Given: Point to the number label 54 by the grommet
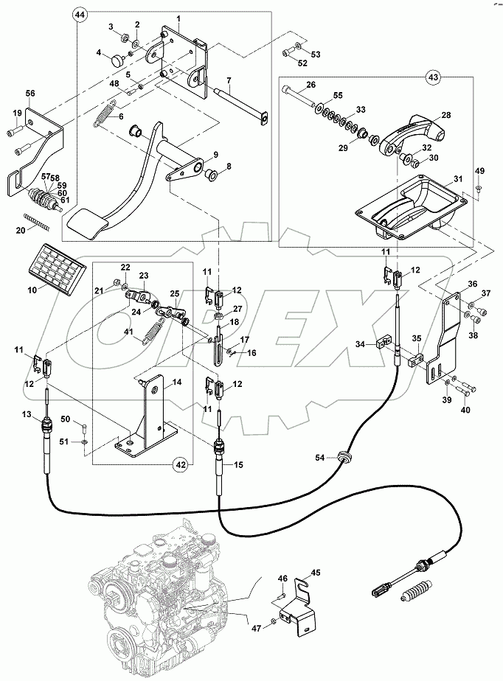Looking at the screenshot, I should (x=320, y=458).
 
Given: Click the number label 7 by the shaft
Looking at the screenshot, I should (x=229, y=80).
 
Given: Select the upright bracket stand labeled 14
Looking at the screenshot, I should (x=153, y=413).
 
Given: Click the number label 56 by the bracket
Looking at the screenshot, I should (x=30, y=94).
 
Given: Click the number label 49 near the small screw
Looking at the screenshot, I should (x=479, y=172).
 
